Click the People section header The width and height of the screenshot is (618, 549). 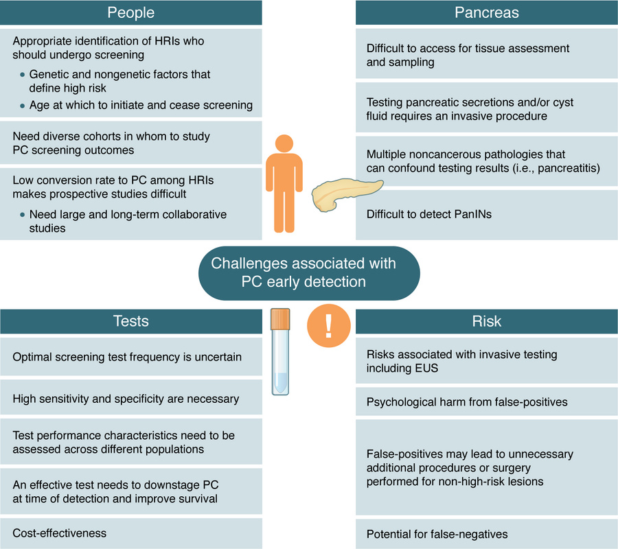(131, 13)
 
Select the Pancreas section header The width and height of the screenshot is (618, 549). (486, 13)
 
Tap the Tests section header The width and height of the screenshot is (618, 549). (131, 321)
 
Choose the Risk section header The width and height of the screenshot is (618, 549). (486, 321)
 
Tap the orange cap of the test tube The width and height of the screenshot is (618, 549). (281, 318)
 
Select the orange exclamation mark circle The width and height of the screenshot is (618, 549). (328, 325)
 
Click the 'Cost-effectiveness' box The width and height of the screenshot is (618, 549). (131, 533)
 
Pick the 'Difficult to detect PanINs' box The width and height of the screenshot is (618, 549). (486, 214)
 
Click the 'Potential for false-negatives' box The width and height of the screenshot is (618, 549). (486, 533)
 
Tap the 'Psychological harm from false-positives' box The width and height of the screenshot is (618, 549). (486, 401)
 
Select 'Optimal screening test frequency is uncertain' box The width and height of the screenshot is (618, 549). (131, 357)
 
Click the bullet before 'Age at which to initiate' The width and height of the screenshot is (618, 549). (22, 106)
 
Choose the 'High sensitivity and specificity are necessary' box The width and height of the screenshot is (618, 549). (131, 399)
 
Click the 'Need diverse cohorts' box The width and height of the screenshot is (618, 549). (131, 143)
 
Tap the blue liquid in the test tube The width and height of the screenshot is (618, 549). (280, 382)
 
